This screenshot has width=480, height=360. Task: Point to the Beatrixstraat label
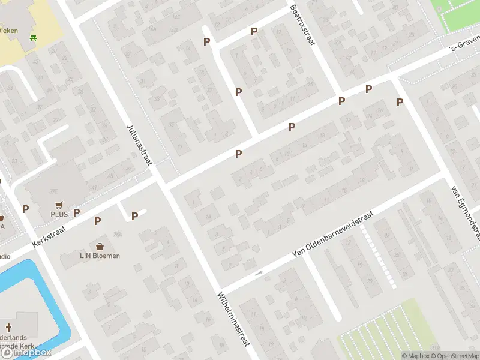[302, 26]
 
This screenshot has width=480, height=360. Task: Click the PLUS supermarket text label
[59, 214]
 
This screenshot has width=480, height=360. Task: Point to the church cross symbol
[8, 328]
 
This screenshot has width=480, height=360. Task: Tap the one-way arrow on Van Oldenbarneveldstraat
[259, 274]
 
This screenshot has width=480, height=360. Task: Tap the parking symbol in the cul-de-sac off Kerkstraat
[134, 216]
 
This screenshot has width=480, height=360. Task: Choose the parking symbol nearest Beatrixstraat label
[254, 32]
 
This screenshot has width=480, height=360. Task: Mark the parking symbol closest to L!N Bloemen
[97, 221]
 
